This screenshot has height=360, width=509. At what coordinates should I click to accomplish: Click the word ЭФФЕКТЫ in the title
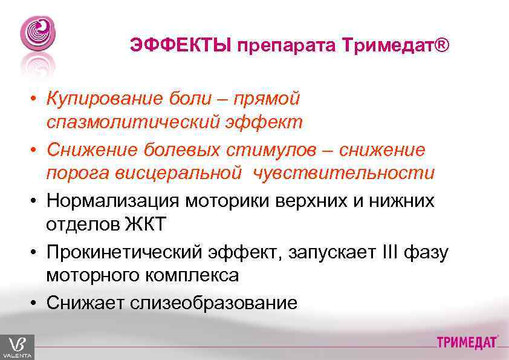pyautogui.click(x=181, y=46)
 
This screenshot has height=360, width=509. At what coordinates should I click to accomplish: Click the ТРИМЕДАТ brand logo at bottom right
pyautogui.click(x=467, y=342)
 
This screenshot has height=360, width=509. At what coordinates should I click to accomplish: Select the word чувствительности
pyautogui.click(x=344, y=173)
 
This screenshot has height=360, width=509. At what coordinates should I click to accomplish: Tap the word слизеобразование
pyautogui.click(x=213, y=303)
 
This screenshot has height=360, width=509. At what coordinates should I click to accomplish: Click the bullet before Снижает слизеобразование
pyautogui.click(x=36, y=303)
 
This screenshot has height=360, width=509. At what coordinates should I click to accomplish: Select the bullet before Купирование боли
pyautogui.click(x=36, y=99)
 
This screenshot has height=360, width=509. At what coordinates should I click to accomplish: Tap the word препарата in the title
pyautogui.click(x=288, y=46)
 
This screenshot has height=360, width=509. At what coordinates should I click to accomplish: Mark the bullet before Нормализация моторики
pyautogui.click(x=36, y=201)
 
